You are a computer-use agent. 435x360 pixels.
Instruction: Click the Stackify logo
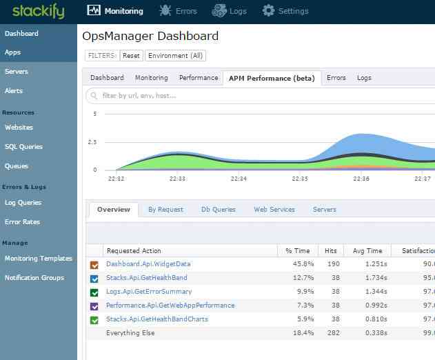click(38, 11)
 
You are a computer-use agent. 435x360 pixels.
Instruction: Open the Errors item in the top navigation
click(179, 11)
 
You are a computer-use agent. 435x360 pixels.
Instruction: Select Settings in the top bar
click(285, 11)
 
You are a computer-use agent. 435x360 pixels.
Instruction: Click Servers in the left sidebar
click(17, 72)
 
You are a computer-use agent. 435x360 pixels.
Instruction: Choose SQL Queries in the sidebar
click(23, 147)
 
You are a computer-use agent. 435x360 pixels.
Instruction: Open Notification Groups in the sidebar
click(34, 278)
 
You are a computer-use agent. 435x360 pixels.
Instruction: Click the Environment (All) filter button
click(175, 56)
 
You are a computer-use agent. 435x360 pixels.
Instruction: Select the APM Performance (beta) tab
click(271, 78)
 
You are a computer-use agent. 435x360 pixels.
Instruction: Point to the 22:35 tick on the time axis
click(300, 179)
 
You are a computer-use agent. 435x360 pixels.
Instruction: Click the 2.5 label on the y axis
click(92, 142)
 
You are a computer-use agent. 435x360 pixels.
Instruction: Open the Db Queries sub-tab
click(219, 210)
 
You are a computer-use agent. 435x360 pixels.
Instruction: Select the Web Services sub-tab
click(274, 210)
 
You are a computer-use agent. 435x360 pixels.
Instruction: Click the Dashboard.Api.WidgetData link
click(148, 264)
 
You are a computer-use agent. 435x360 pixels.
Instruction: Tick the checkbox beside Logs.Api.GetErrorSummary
click(94, 292)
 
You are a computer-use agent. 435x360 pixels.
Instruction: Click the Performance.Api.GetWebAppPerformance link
click(170, 306)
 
